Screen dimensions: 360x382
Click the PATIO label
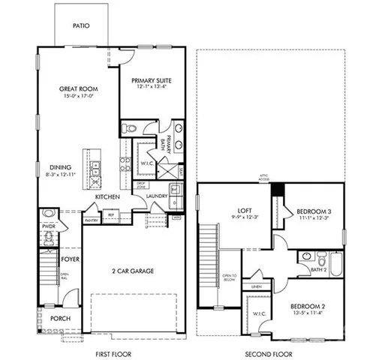pyautogui.click(x=82, y=25)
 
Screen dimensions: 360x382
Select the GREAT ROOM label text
pyautogui.click(x=79, y=88)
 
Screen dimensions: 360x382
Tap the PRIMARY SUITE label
pyautogui.click(x=152, y=80)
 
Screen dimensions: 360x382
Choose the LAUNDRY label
pyautogui.click(x=156, y=196)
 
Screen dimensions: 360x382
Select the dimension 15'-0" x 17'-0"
pyautogui.click(x=79, y=96)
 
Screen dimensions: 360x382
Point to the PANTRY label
pyautogui.click(x=92, y=220)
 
